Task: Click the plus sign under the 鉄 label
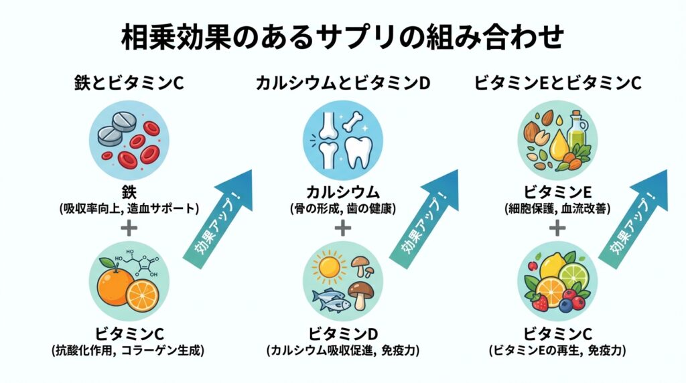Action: point(129,228)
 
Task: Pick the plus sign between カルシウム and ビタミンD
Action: point(342,228)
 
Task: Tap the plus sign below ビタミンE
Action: point(557,228)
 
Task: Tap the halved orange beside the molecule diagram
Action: point(143,293)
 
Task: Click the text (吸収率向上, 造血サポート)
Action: point(129,208)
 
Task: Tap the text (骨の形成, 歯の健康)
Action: point(342,208)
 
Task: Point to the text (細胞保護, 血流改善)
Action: point(557,208)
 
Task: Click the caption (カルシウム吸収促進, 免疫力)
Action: point(342,350)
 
